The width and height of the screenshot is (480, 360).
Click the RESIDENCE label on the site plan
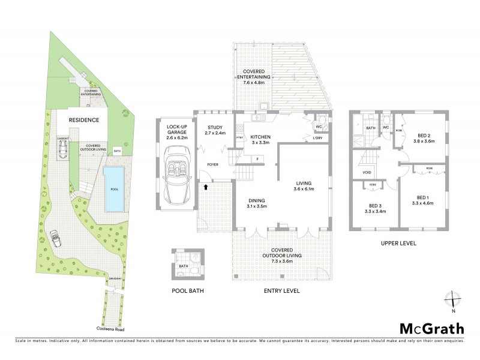83,120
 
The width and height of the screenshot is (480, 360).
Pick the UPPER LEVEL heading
398,244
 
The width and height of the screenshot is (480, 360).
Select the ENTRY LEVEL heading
282,291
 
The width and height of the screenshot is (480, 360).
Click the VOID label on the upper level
367,172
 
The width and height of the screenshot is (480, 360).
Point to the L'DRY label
318,139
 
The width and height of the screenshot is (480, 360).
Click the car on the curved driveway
55,238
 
